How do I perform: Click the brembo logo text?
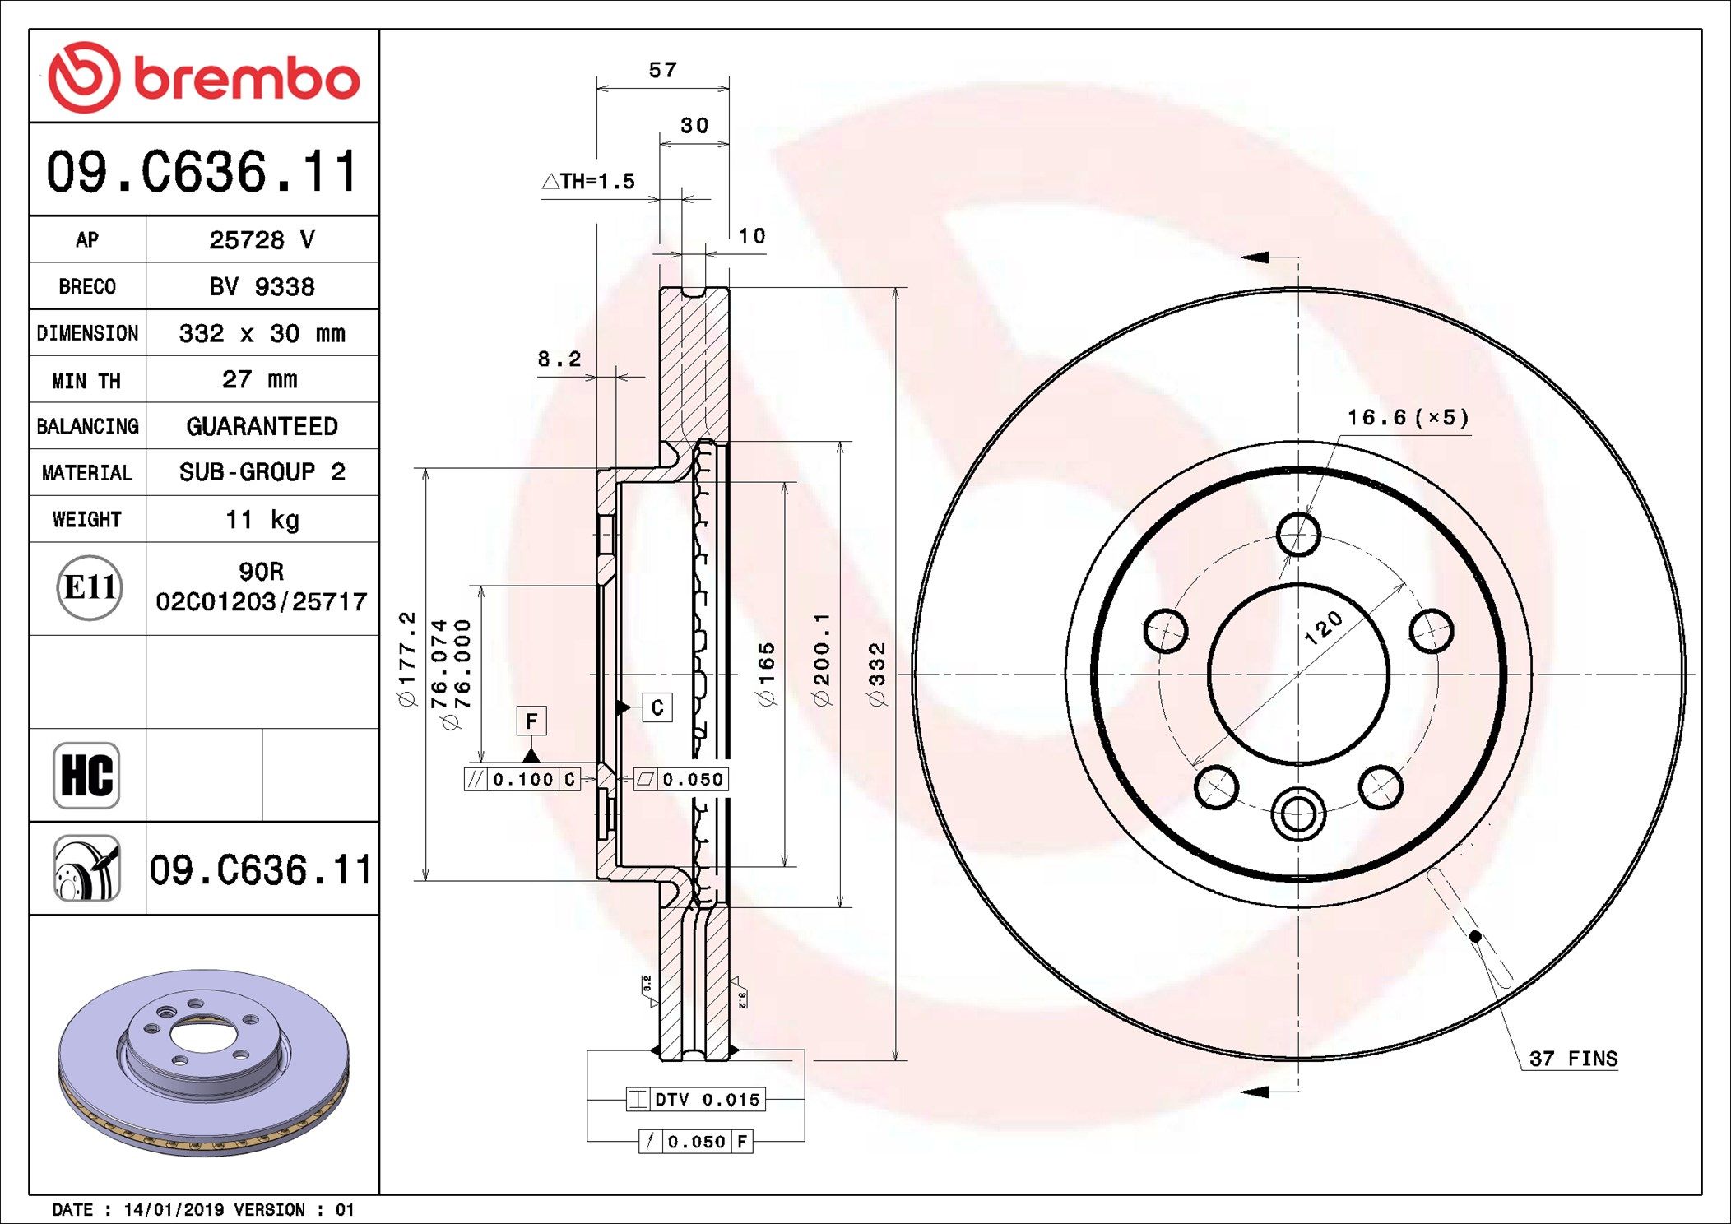(245, 79)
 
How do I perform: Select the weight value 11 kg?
(262, 520)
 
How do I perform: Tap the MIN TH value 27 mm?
(260, 379)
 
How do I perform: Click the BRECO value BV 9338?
(262, 286)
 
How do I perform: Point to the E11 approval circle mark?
(90, 587)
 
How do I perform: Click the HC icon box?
(86, 775)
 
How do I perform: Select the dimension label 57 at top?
(662, 71)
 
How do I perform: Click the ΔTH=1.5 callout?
(589, 181)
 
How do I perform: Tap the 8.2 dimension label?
(559, 359)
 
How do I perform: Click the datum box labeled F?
(531, 721)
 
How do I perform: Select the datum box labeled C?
(657, 707)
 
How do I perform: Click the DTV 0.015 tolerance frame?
(696, 1099)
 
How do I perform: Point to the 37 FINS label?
(1572, 1059)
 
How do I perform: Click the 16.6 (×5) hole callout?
(1407, 418)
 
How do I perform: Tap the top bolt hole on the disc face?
(1298, 535)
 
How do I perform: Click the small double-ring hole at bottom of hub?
(1297, 814)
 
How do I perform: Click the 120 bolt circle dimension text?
(1323, 628)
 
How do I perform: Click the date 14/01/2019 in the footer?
(174, 1210)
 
